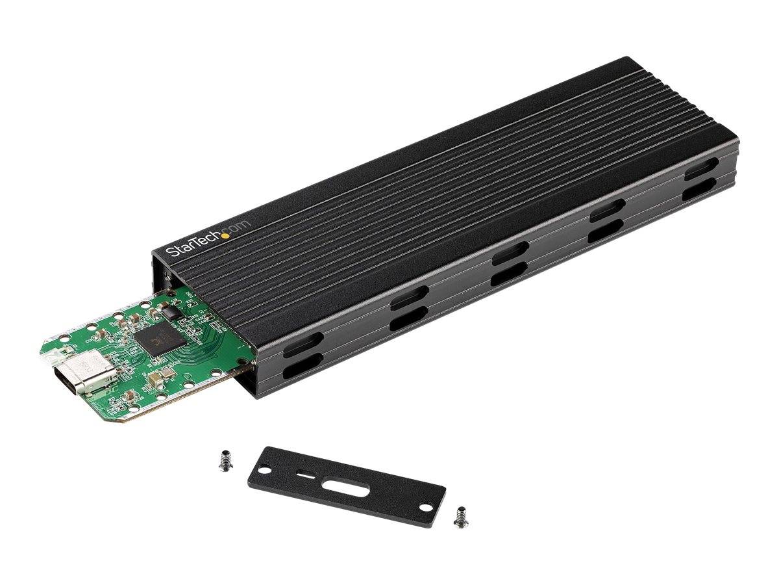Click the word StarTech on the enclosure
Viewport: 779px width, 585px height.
pos(193,244)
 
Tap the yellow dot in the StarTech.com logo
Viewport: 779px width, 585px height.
pos(225,235)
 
